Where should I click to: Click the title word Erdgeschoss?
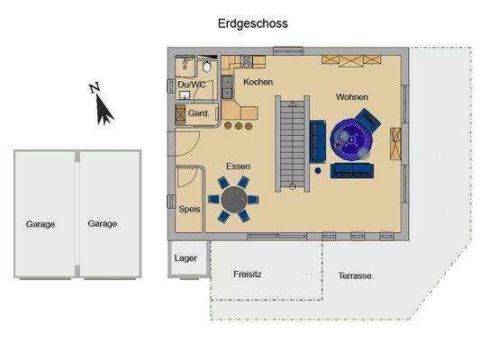(x=253, y=24)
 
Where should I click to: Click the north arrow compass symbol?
(x=103, y=106)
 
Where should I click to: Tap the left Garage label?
(x=40, y=224)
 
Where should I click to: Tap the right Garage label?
(x=102, y=224)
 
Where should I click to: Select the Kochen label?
(x=258, y=83)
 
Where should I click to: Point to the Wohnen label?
(x=352, y=97)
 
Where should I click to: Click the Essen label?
(x=238, y=167)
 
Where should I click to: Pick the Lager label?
(x=186, y=258)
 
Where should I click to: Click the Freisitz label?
(x=249, y=274)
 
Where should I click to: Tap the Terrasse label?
(x=355, y=275)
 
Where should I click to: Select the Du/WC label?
(x=191, y=84)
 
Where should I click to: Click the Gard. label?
(x=198, y=114)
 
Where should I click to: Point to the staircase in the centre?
(x=289, y=144)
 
